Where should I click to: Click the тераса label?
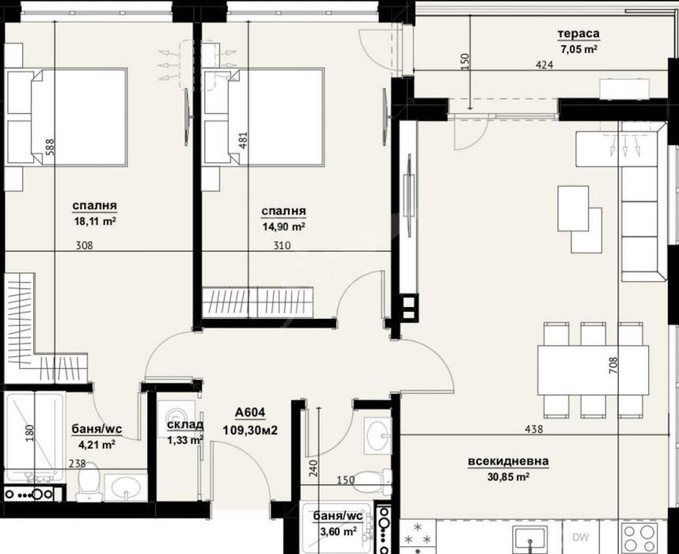click(578, 34)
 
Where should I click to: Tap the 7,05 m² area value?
click(579, 49)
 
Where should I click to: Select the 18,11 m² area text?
click(94, 222)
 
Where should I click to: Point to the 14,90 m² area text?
click(283, 226)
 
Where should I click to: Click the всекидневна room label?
click(508, 461)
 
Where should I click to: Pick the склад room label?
click(185, 425)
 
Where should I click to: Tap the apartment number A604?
click(250, 413)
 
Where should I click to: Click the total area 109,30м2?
click(250, 430)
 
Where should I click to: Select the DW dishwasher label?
click(580, 537)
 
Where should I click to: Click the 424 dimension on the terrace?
click(544, 66)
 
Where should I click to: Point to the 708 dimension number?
click(613, 366)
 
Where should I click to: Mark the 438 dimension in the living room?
click(533, 429)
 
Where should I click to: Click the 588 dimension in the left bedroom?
click(50, 147)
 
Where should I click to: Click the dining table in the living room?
click(593, 370)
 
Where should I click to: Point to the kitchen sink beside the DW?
click(530, 539)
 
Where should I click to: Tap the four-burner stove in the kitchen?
click(641, 538)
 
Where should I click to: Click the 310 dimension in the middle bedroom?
click(282, 246)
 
